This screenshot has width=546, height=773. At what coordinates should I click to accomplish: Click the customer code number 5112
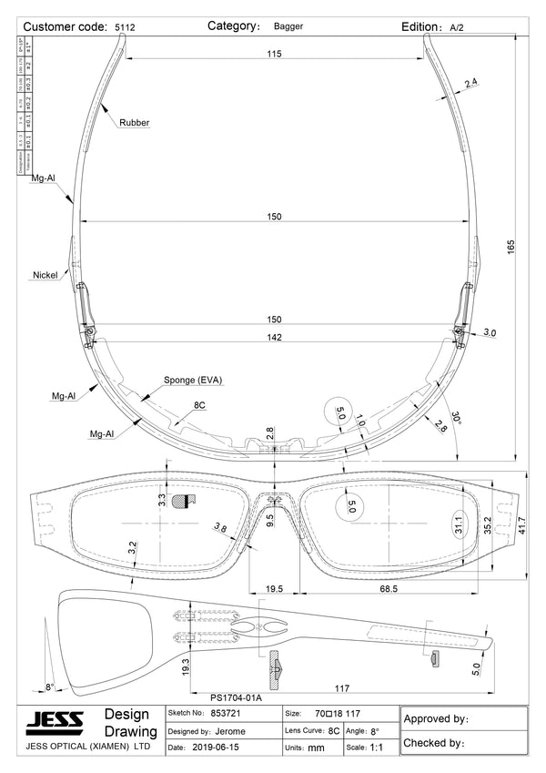[x=125, y=28]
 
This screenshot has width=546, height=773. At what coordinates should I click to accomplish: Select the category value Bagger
[x=289, y=27]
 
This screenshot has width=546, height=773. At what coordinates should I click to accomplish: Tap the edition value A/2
[x=457, y=28]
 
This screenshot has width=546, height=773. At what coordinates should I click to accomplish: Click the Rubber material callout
[x=134, y=122]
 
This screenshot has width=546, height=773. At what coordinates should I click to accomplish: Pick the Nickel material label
[x=45, y=274]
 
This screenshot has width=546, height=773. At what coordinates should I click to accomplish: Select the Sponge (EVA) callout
[x=193, y=380]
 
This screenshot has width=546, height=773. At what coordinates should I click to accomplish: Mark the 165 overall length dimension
[x=511, y=246]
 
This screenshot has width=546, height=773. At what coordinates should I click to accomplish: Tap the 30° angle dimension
[x=456, y=418]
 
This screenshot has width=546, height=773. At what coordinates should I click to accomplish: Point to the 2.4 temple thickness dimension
[x=471, y=84]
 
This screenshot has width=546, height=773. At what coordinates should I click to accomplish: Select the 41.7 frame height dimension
[x=521, y=524]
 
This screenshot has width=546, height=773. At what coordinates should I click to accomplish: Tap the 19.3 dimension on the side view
[x=186, y=667]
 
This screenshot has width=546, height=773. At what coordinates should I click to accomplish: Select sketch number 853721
[x=226, y=714]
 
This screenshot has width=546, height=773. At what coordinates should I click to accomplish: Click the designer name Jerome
[x=230, y=731]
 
